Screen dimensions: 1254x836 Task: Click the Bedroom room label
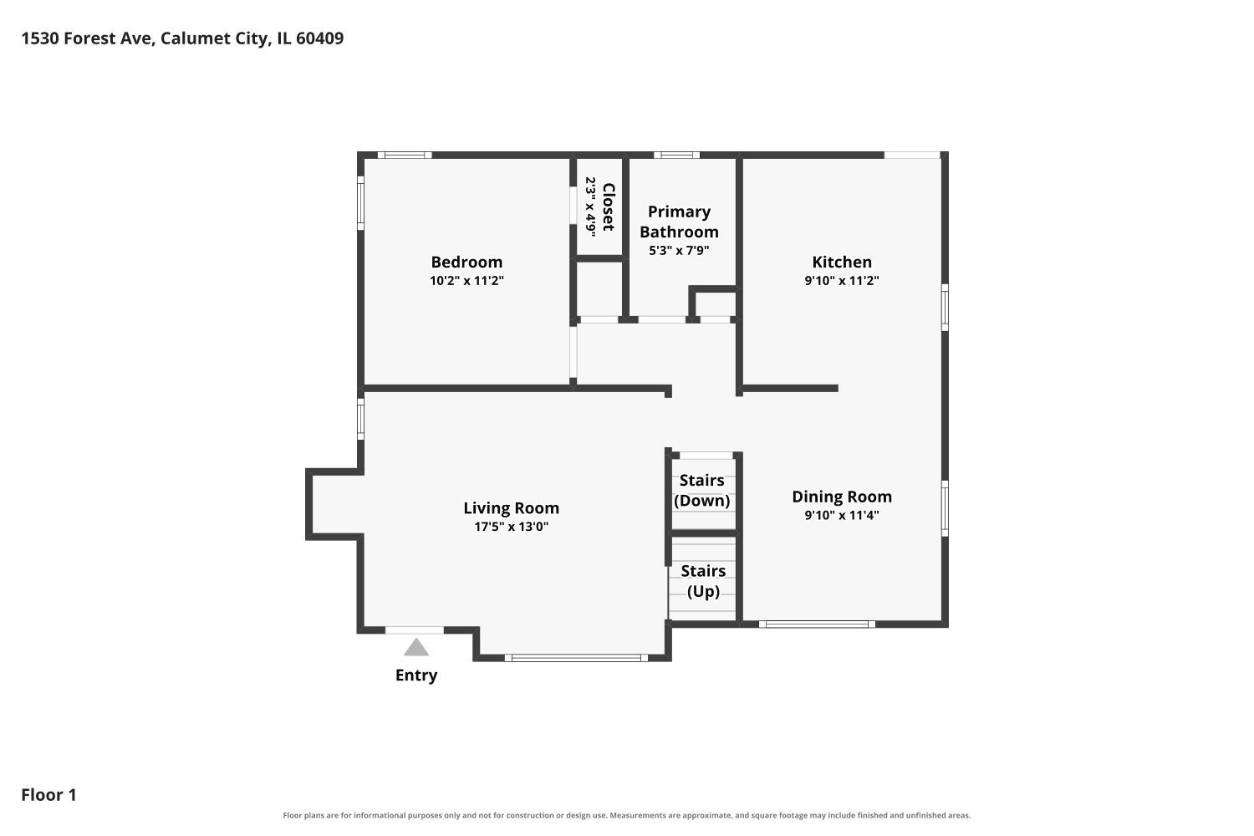tap(466, 262)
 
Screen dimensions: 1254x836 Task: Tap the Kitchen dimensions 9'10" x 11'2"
tap(841, 281)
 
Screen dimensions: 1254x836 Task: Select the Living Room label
tap(511, 508)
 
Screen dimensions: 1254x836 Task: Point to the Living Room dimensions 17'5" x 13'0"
tap(511, 527)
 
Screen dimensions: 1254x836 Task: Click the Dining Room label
tap(841, 497)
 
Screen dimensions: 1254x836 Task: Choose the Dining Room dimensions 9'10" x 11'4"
tap(841, 515)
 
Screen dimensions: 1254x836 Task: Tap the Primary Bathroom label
tap(679, 222)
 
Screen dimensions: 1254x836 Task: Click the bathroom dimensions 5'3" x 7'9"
tap(679, 250)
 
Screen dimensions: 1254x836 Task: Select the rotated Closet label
tap(609, 206)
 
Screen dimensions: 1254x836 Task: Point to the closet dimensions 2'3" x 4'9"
tap(590, 206)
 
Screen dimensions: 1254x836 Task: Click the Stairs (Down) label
tap(702, 491)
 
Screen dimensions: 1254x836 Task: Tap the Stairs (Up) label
tap(703, 581)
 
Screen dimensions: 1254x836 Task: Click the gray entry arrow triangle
tap(416, 648)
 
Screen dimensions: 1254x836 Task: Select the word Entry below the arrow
tap(416, 675)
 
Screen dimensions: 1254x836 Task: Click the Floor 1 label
tap(48, 794)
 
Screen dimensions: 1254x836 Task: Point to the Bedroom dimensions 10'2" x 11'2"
tap(466, 281)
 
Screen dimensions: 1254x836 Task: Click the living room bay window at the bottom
tap(576, 658)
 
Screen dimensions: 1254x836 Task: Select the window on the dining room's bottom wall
tap(817, 624)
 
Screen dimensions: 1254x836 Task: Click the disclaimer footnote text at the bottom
tap(626, 815)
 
